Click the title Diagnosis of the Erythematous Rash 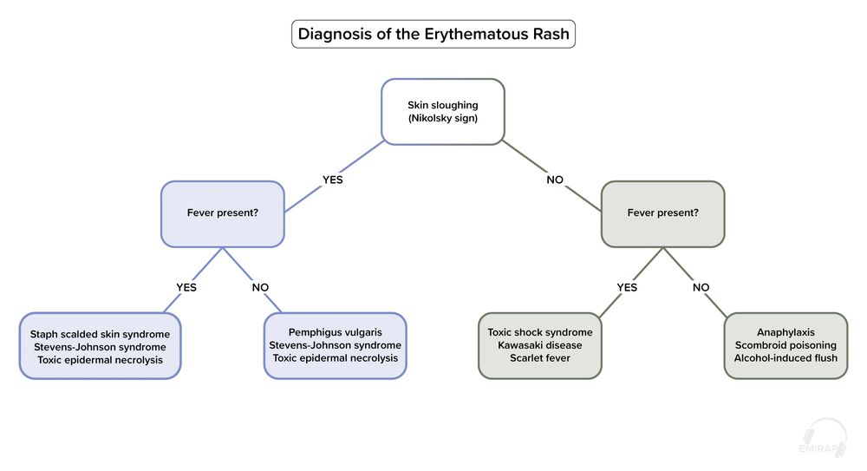[433, 34]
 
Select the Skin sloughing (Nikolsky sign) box [443, 111]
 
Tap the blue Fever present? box [222, 213]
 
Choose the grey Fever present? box [662, 213]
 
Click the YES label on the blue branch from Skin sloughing [334, 180]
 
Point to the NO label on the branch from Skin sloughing [555, 180]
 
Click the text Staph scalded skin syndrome [100, 333]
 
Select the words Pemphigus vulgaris [335, 332]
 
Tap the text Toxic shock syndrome [540, 332]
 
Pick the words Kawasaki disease [540, 345]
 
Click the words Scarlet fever [540, 358]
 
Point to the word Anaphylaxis [786, 332]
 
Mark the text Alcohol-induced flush [786, 358]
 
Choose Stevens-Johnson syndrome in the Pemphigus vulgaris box [335, 345]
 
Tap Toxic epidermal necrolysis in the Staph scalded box [100, 359]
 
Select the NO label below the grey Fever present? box [701, 288]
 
